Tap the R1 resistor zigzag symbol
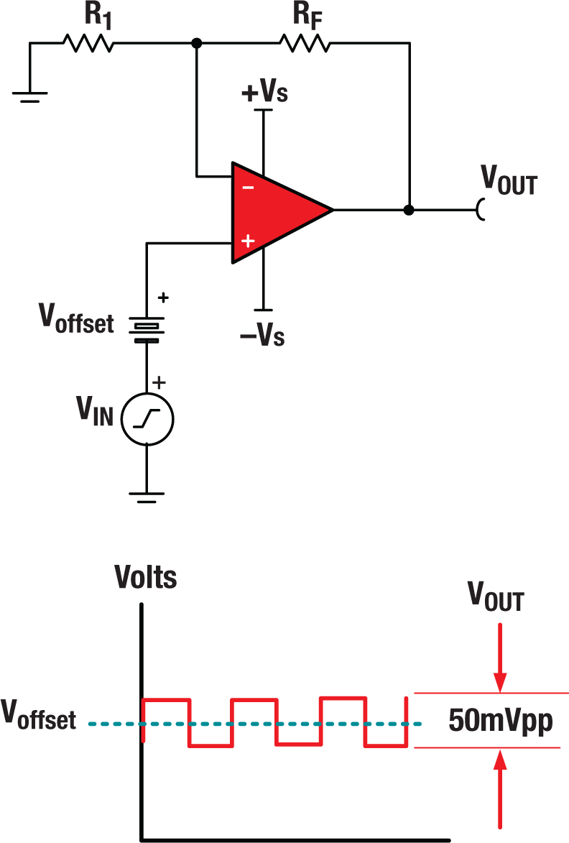tap(88, 44)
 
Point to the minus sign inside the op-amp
tap(247, 187)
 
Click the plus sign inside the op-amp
tap(247, 241)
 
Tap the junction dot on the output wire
tap(409, 211)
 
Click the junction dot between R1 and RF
tap(196, 44)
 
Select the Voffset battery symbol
tap(147, 327)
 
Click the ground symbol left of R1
tap(30, 96)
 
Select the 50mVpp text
tap(501, 720)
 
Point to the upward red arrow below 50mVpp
tap(501, 791)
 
